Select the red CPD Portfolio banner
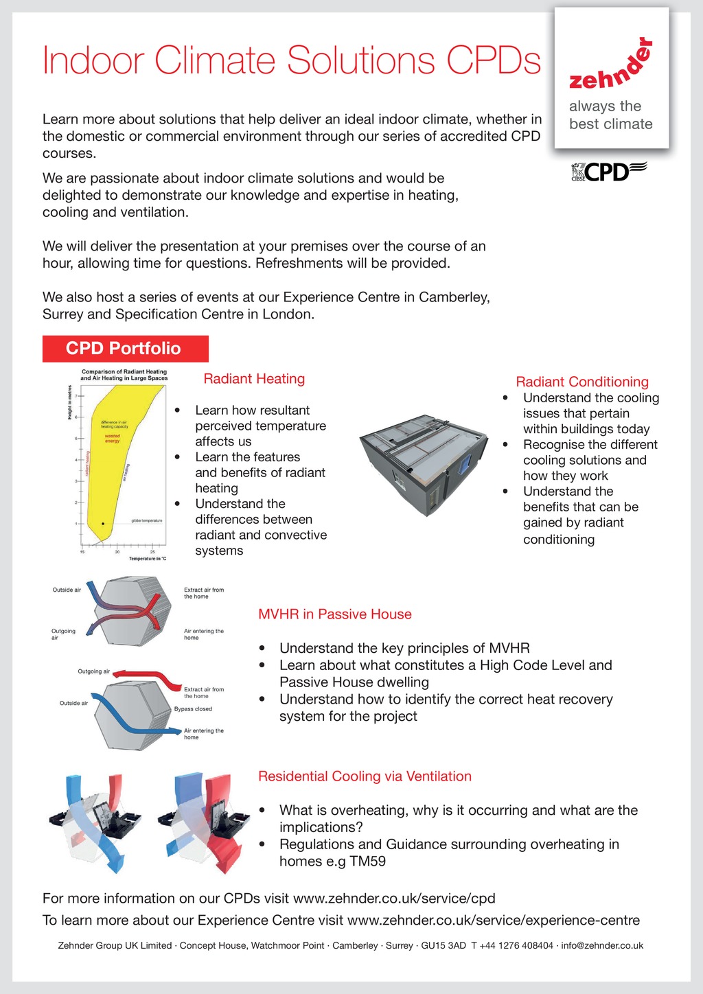(125, 349)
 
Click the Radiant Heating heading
(254, 379)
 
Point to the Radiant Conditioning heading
(582, 382)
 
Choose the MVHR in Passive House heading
(335, 614)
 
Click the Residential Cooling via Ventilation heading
(365, 776)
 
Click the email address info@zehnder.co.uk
(602, 945)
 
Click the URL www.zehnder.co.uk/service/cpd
(394, 899)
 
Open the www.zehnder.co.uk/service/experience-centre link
(494, 921)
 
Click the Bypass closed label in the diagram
(193, 709)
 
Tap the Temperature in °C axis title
(148, 559)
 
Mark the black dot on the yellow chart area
(103, 524)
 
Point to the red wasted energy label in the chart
(112, 438)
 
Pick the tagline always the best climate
(610, 115)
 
